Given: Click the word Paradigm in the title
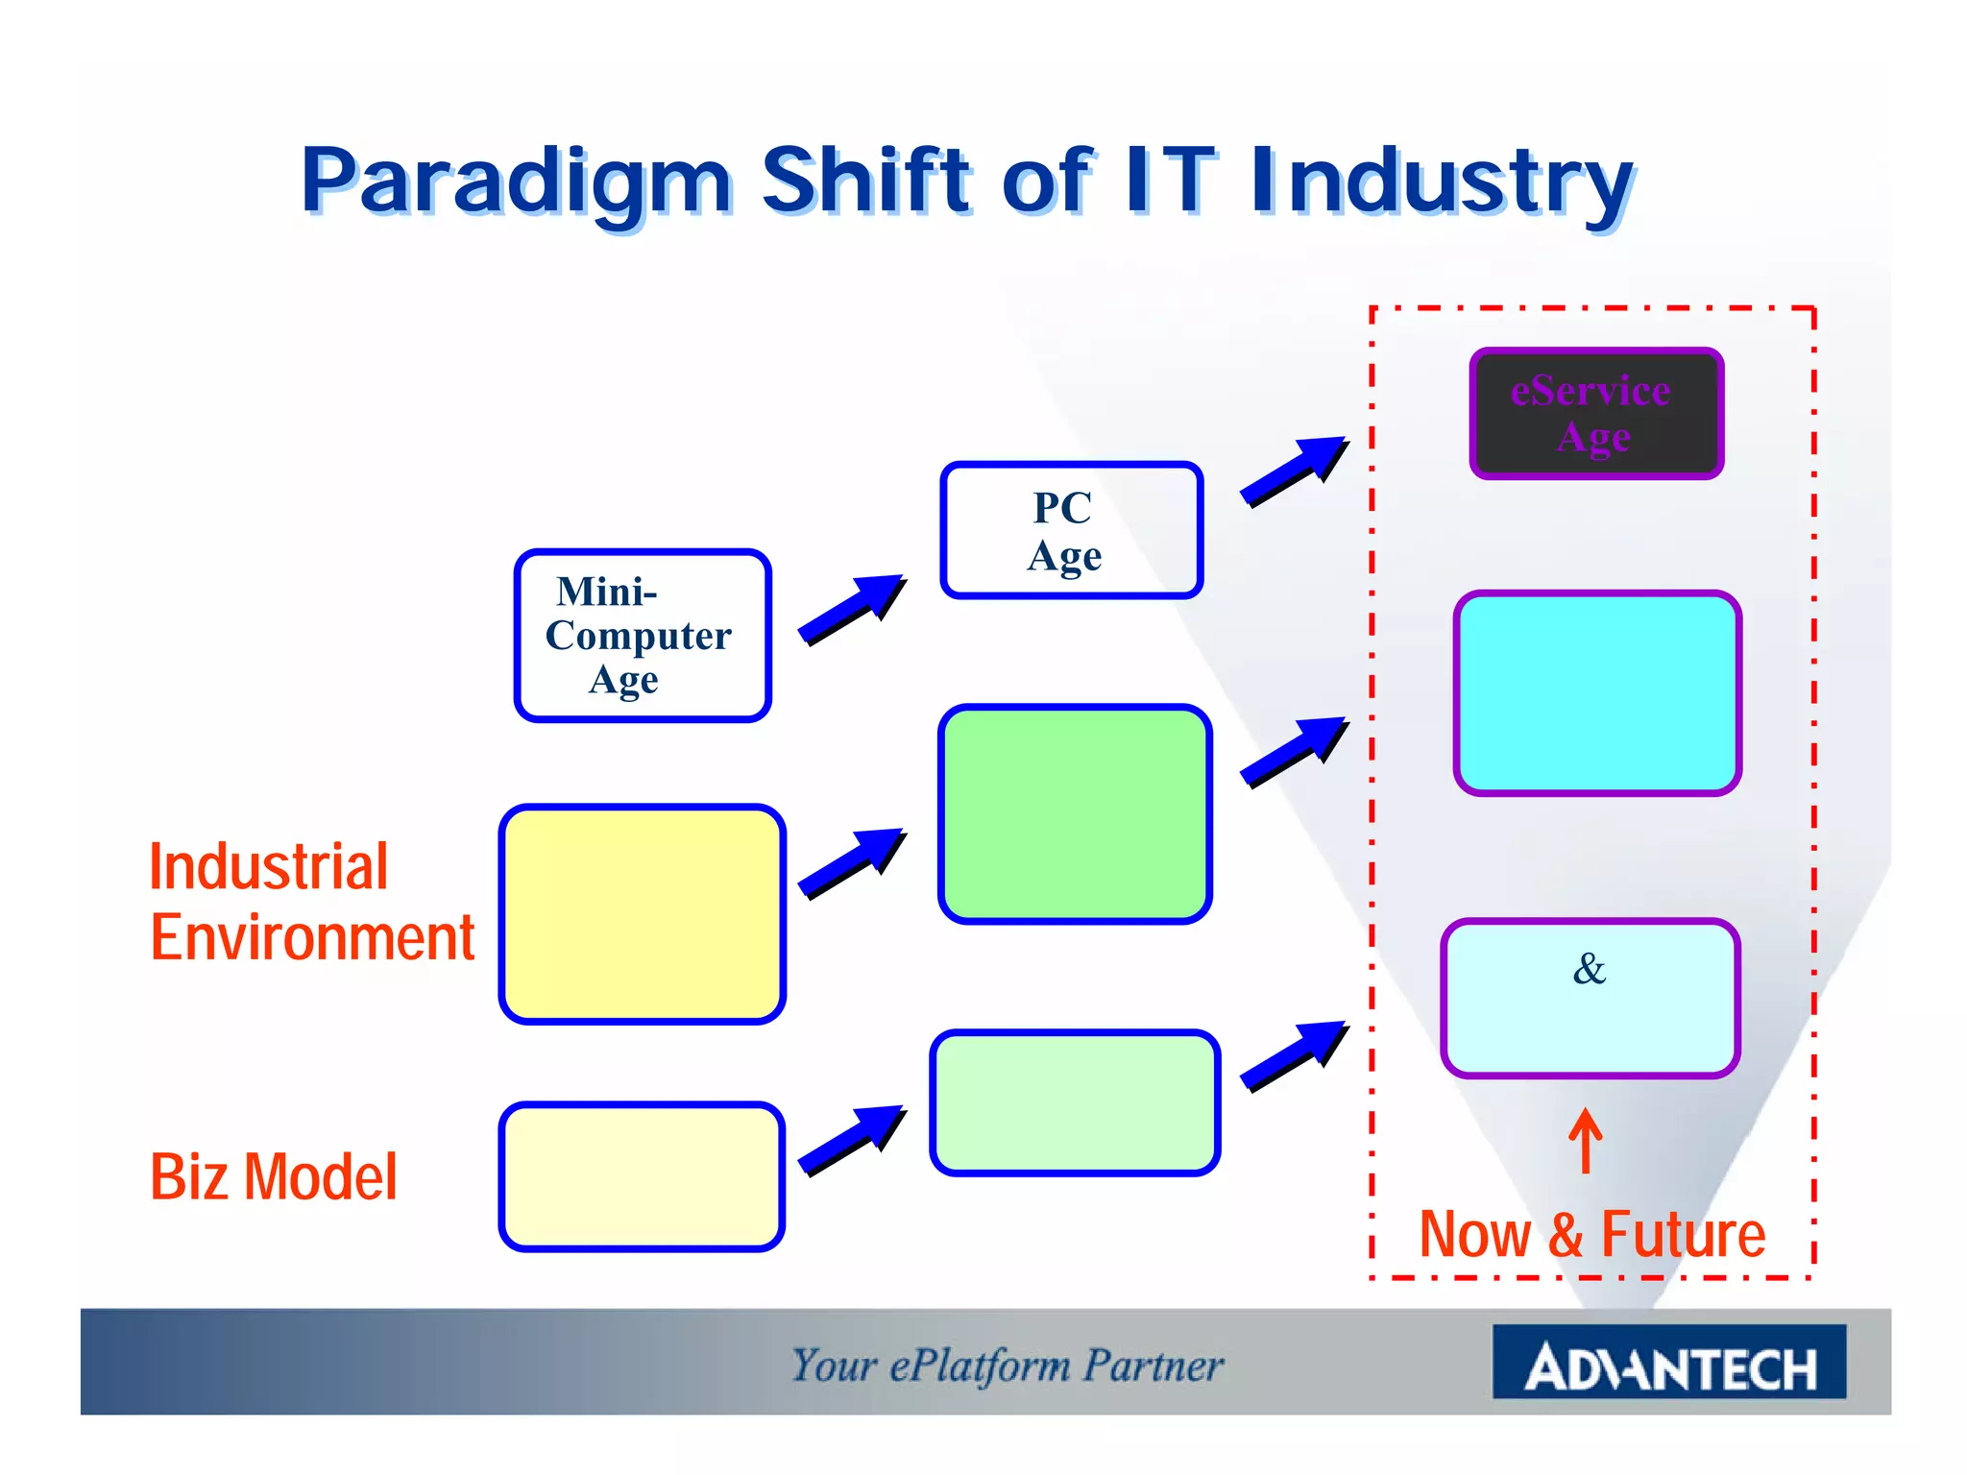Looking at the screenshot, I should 517,182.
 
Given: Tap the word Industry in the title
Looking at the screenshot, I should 1441,182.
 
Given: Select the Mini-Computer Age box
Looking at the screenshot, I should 643,636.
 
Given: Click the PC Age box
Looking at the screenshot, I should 1071,530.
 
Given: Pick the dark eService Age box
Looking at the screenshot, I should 1595,414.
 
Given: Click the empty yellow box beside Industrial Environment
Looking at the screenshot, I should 642,914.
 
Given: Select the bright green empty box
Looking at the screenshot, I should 1074,814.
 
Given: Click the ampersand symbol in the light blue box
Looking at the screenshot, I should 1589,969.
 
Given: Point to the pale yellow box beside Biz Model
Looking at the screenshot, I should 642,1176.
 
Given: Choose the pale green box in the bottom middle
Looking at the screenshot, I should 1074,1102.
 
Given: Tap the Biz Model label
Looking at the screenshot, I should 273,1176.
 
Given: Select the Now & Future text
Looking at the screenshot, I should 1591,1234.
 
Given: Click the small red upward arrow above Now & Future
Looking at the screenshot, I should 1585,1141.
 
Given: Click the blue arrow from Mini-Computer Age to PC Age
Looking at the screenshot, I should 851,610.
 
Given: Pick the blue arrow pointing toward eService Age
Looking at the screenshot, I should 1293,471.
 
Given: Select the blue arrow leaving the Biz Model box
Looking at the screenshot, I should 851,1140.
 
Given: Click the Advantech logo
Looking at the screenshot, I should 1668,1364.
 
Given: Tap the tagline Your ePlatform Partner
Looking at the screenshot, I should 1007,1366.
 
